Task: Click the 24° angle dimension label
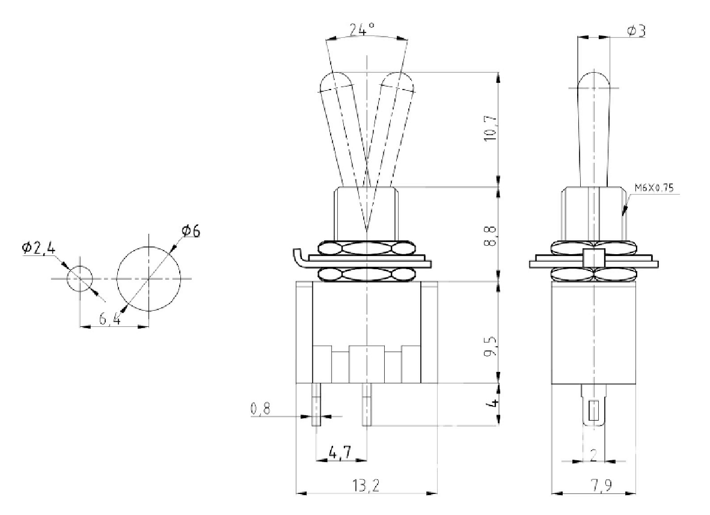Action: click(x=362, y=28)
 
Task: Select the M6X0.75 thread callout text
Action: click(x=655, y=188)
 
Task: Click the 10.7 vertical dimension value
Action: click(x=489, y=128)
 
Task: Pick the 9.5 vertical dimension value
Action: click(x=489, y=347)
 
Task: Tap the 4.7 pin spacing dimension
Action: click(x=341, y=452)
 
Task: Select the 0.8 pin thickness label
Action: click(x=260, y=409)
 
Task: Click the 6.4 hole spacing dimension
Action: click(x=110, y=319)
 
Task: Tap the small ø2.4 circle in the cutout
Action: click(x=80, y=279)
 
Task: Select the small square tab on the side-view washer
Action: click(x=593, y=257)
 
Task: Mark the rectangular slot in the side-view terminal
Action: click(x=593, y=411)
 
